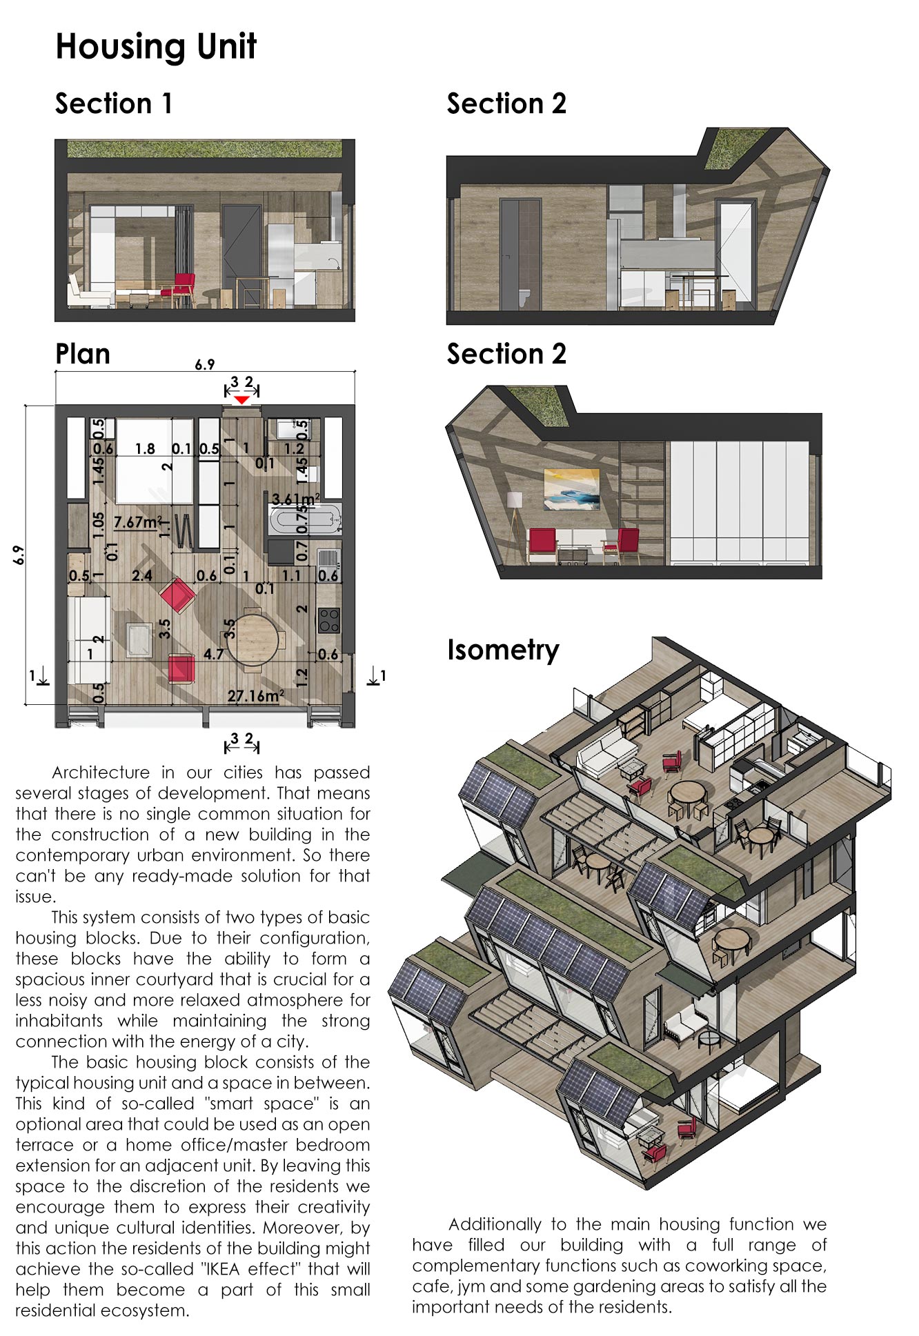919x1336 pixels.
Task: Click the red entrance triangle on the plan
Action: (241, 400)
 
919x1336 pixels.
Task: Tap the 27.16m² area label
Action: (255, 696)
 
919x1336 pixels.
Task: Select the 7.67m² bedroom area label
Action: (139, 522)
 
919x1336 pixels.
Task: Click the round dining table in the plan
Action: (253, 639)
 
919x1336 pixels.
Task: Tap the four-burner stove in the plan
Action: (328, 620)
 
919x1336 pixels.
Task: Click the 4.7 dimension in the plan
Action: (213, 654)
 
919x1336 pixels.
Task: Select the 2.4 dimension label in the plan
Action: (142, 575)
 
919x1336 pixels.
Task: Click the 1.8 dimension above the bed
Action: (145, 449)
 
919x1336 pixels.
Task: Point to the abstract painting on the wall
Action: (572, 489)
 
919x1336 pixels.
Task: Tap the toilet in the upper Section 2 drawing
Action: (524, 297)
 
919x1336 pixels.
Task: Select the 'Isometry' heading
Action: (503, 650)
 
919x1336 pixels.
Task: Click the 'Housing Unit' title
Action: (156, 47)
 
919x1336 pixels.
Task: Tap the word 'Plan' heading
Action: (83, 355)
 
